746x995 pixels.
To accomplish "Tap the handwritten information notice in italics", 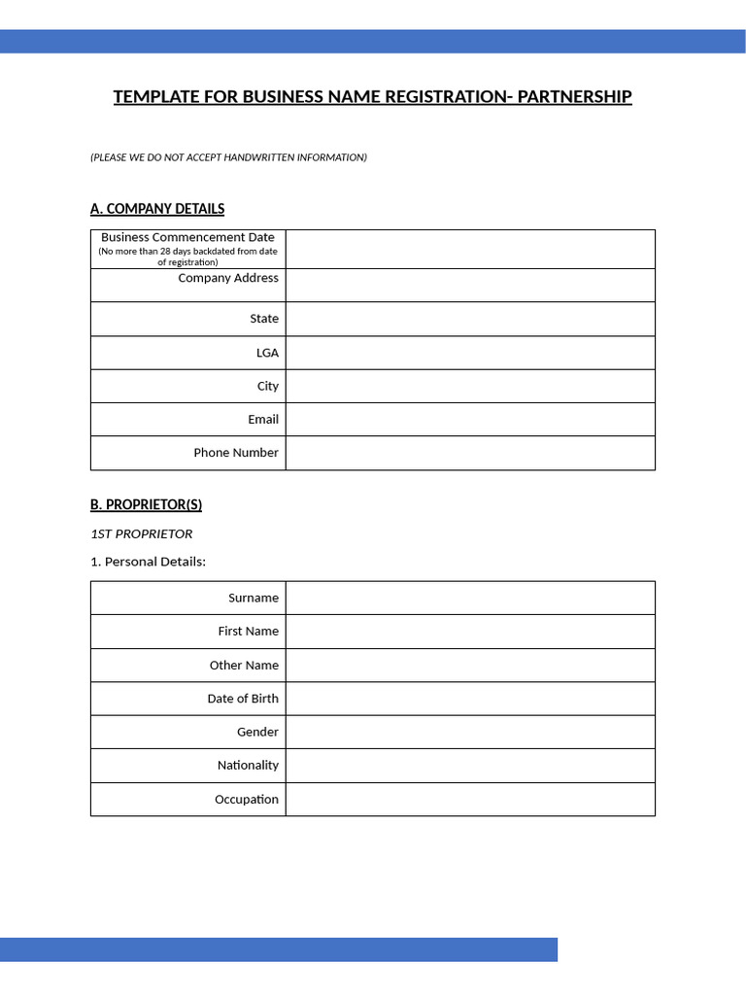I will [x=228, y=157].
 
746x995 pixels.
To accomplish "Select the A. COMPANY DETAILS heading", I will [x=157, y=209].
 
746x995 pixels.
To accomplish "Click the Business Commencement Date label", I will [x=187, y=237].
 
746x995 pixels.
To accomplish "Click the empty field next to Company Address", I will [x=470, y=286].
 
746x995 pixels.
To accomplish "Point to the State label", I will [x=263, y=319].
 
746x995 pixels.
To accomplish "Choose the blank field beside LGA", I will [x=470, y=353].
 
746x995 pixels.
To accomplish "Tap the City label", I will [x=267, y=386].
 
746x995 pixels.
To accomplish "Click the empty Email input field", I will [x=470, y=419].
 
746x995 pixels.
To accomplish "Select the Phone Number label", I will [x=236, y=453].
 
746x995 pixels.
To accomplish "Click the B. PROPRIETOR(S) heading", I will [x=146, y=505].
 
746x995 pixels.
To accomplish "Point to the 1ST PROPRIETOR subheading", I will [x=142, y=533].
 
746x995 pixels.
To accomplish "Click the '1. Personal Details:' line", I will [x=149, y=562].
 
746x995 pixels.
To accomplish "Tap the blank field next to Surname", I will [x=470, y=598].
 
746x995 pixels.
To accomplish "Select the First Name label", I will [x=248, y=632].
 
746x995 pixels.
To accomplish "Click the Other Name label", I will [x=244, y=666].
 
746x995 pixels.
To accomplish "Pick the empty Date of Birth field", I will [x=470, y=699].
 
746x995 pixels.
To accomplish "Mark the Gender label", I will [x=257, y=732].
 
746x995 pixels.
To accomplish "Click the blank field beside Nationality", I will [x=470, y=766].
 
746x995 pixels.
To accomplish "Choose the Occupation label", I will [x=247, y=800].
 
